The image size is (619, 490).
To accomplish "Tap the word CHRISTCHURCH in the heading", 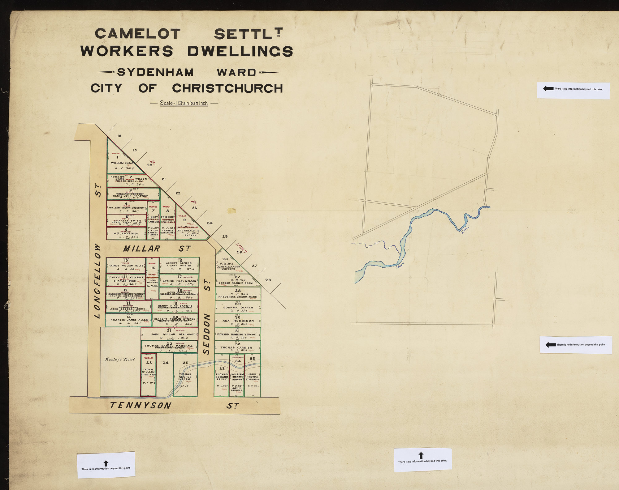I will point(227,88).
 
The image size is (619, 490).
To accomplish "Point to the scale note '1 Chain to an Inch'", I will point(184,103).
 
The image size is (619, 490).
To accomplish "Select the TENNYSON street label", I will point(141,405).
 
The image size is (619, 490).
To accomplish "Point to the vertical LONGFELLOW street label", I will point(97,281).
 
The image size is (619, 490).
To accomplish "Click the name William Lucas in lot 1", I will point(122,163).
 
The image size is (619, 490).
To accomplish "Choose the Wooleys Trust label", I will point(120,359).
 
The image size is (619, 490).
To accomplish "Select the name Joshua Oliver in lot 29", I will point(238,308).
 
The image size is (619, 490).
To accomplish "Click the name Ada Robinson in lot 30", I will point(238,321).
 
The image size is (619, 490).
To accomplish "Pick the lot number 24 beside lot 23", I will point(165,363).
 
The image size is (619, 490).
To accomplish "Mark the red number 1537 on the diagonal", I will point(242,248).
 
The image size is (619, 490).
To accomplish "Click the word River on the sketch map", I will point(465,229).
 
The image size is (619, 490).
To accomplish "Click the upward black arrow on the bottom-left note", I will point(106,463).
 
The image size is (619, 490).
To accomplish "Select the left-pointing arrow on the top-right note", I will point(548,88).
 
